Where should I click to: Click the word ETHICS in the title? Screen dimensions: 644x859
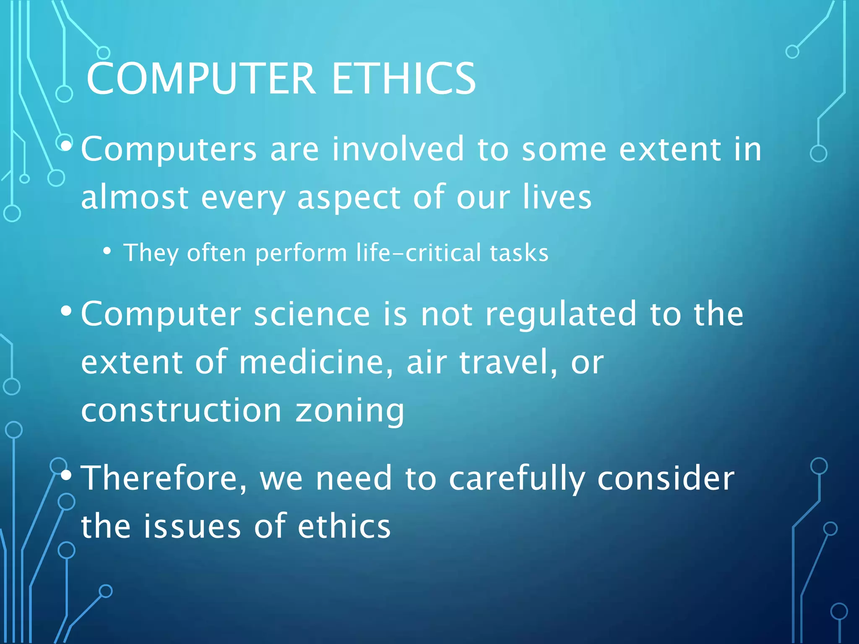[403, 78]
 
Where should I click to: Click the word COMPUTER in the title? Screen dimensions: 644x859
[201, 78]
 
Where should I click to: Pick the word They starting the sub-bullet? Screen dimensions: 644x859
[150, 253]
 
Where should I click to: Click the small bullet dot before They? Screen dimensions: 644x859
[107, 251]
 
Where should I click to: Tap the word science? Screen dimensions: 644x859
[312, 314]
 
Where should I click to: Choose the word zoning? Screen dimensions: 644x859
[350, 411]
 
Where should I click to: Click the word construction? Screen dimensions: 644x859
[181, 410]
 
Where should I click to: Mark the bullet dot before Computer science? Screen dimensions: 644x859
[66, 311]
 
